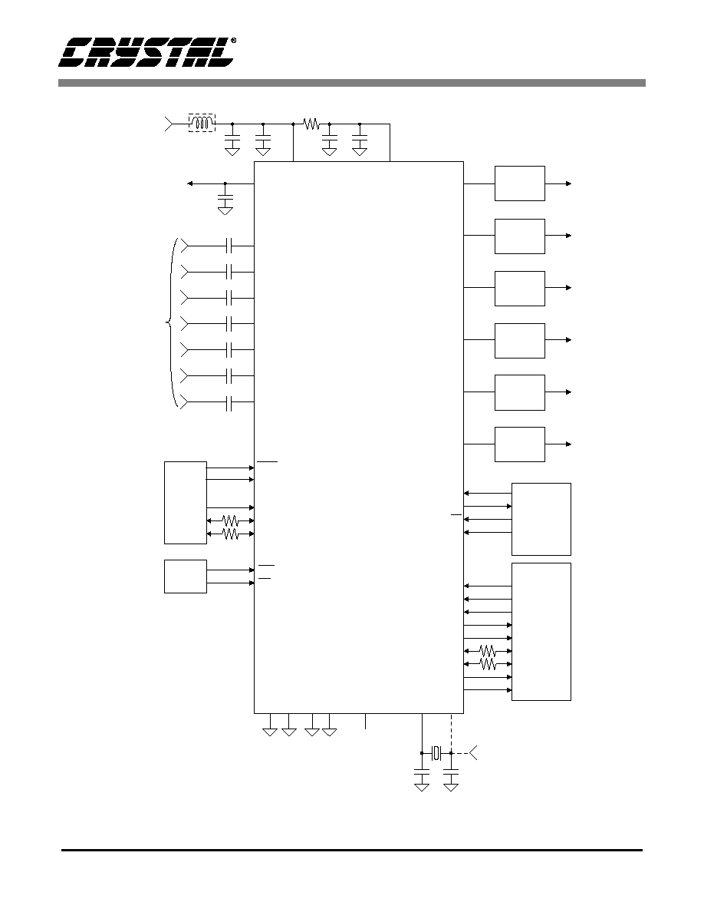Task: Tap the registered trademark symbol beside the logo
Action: click(233, 41)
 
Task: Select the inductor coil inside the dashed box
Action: click(202, 124)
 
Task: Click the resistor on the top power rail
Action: click(311, 124)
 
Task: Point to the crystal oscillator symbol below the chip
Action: click(436, 753)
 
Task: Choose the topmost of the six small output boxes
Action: click(520, 183)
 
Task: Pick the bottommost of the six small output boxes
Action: click(520, 444)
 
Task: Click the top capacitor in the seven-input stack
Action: click(229, 246)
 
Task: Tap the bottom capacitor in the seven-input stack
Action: click(229, 401)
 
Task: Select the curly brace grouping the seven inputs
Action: click(171, 323)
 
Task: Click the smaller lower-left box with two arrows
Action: click(186, 577)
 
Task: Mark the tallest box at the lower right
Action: click(541, 632)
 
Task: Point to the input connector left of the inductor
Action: click(169, 124)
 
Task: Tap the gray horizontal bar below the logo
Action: click(352, 83)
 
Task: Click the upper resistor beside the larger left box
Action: click(231, 520)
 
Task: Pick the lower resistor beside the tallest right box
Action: click(487, 664)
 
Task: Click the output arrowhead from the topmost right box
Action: click(569, 183)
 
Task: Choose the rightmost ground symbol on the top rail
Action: click(360, 151)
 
